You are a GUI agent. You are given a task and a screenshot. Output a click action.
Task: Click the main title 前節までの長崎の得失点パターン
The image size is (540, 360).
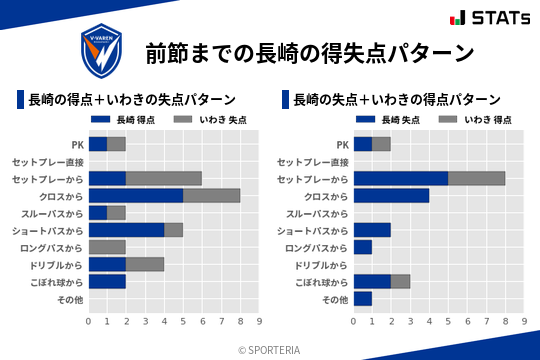309,52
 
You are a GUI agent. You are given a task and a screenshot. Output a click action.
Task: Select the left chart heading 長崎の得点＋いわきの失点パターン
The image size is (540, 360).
132,99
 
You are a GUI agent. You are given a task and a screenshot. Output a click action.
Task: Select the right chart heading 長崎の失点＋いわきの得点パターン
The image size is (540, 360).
397,99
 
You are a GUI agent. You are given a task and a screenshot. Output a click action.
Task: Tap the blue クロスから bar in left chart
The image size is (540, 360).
136,196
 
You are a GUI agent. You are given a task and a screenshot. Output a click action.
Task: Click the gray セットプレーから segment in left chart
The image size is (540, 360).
164,178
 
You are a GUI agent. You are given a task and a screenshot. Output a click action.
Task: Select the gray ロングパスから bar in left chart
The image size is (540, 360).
107,247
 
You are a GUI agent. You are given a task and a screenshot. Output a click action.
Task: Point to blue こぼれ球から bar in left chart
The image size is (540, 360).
107,281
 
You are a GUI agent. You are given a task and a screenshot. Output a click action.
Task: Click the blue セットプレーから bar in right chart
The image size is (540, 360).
401,178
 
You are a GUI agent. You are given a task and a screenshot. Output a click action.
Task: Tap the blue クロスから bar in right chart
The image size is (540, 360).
391,196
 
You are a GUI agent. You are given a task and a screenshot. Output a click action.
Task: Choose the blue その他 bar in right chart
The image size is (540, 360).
363,298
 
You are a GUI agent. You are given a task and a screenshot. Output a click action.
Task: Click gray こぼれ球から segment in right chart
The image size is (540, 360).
400,281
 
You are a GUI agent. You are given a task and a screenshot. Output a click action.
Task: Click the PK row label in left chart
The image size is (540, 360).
77,144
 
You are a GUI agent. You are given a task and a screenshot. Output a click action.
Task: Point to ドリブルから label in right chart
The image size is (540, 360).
321,264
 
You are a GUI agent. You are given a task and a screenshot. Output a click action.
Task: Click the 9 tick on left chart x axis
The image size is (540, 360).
259,321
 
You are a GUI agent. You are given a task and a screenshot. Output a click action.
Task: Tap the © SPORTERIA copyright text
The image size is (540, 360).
269,349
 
